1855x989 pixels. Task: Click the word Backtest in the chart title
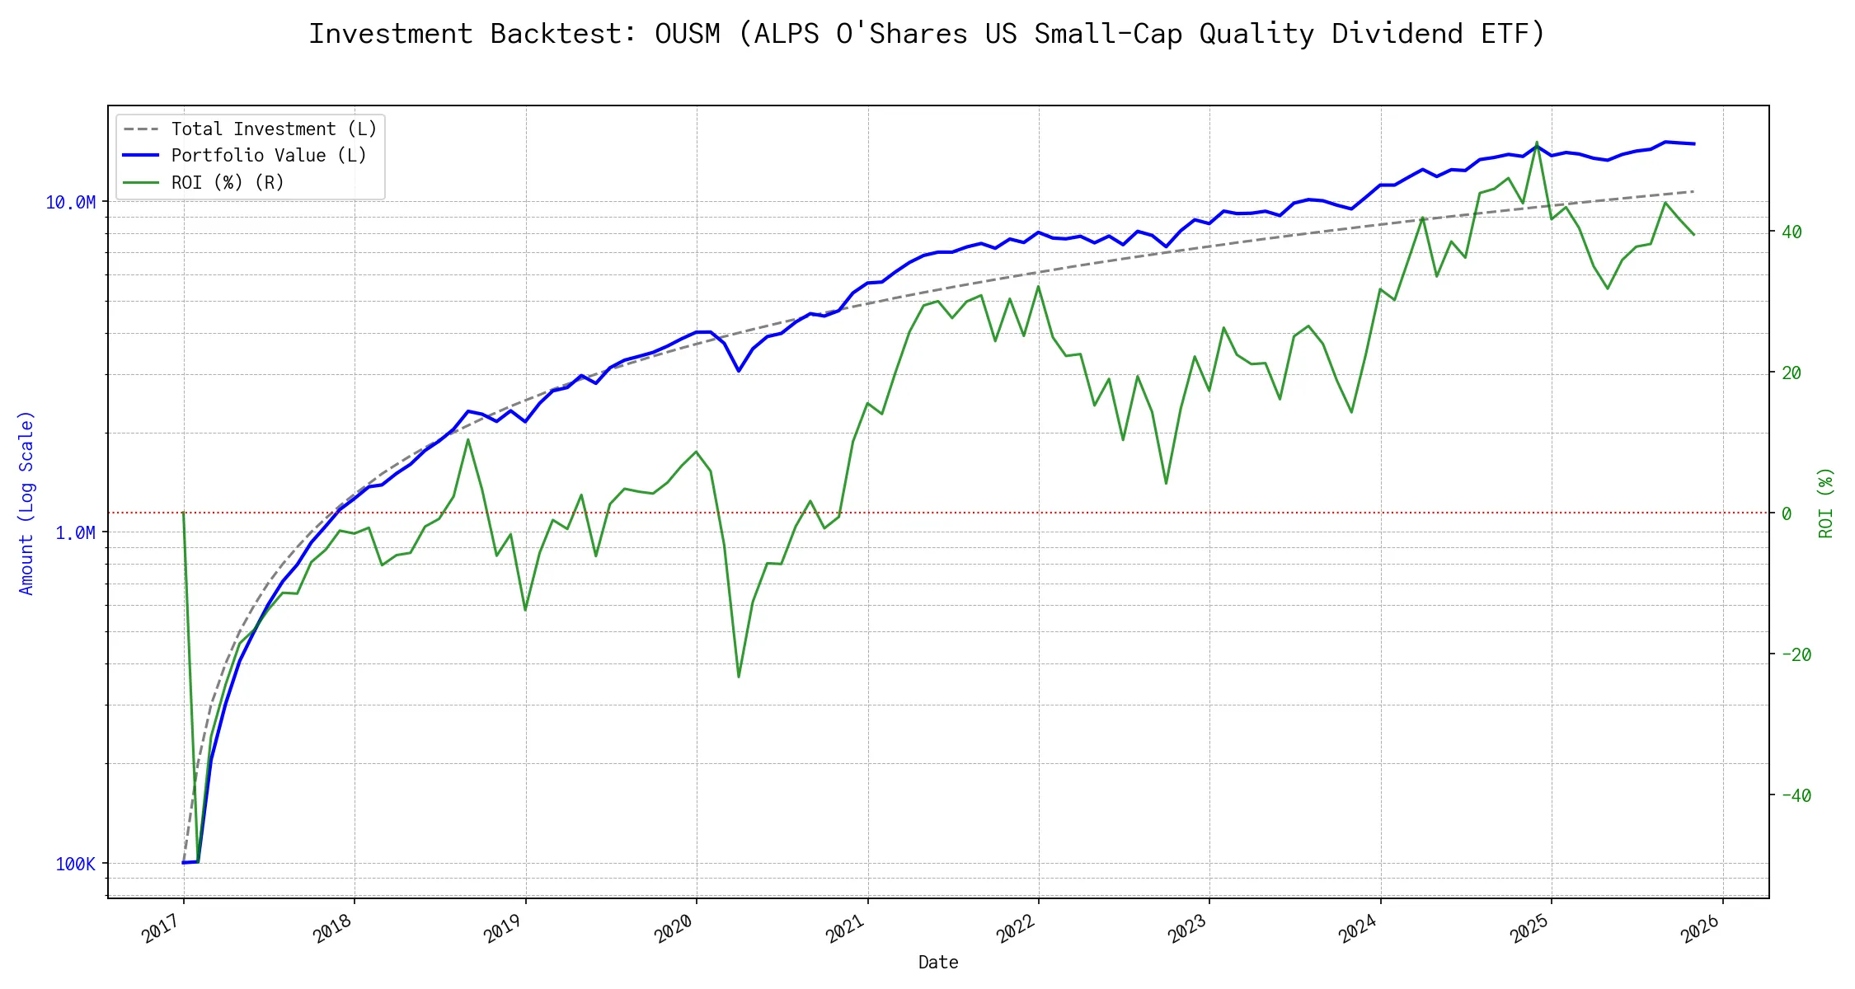point(563,35)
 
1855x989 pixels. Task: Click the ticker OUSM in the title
point(687,35)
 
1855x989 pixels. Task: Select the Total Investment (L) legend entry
point(273,129)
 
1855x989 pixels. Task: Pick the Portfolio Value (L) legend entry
point(268,156)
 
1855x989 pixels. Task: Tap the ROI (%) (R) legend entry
point(227,182)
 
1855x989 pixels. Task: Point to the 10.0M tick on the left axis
point(70,203)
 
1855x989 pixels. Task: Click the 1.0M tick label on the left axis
point(75,533)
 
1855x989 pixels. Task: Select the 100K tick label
point(75,865)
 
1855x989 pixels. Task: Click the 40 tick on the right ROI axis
point(1792,232)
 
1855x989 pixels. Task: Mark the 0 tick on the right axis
point(1787,513)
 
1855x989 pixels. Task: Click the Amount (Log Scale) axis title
point(26,503)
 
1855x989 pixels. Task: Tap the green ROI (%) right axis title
point(1826,503)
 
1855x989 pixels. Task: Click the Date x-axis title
point(938,963)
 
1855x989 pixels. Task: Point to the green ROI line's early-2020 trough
point(738,677)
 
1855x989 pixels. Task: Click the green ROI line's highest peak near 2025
point(1537,143)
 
